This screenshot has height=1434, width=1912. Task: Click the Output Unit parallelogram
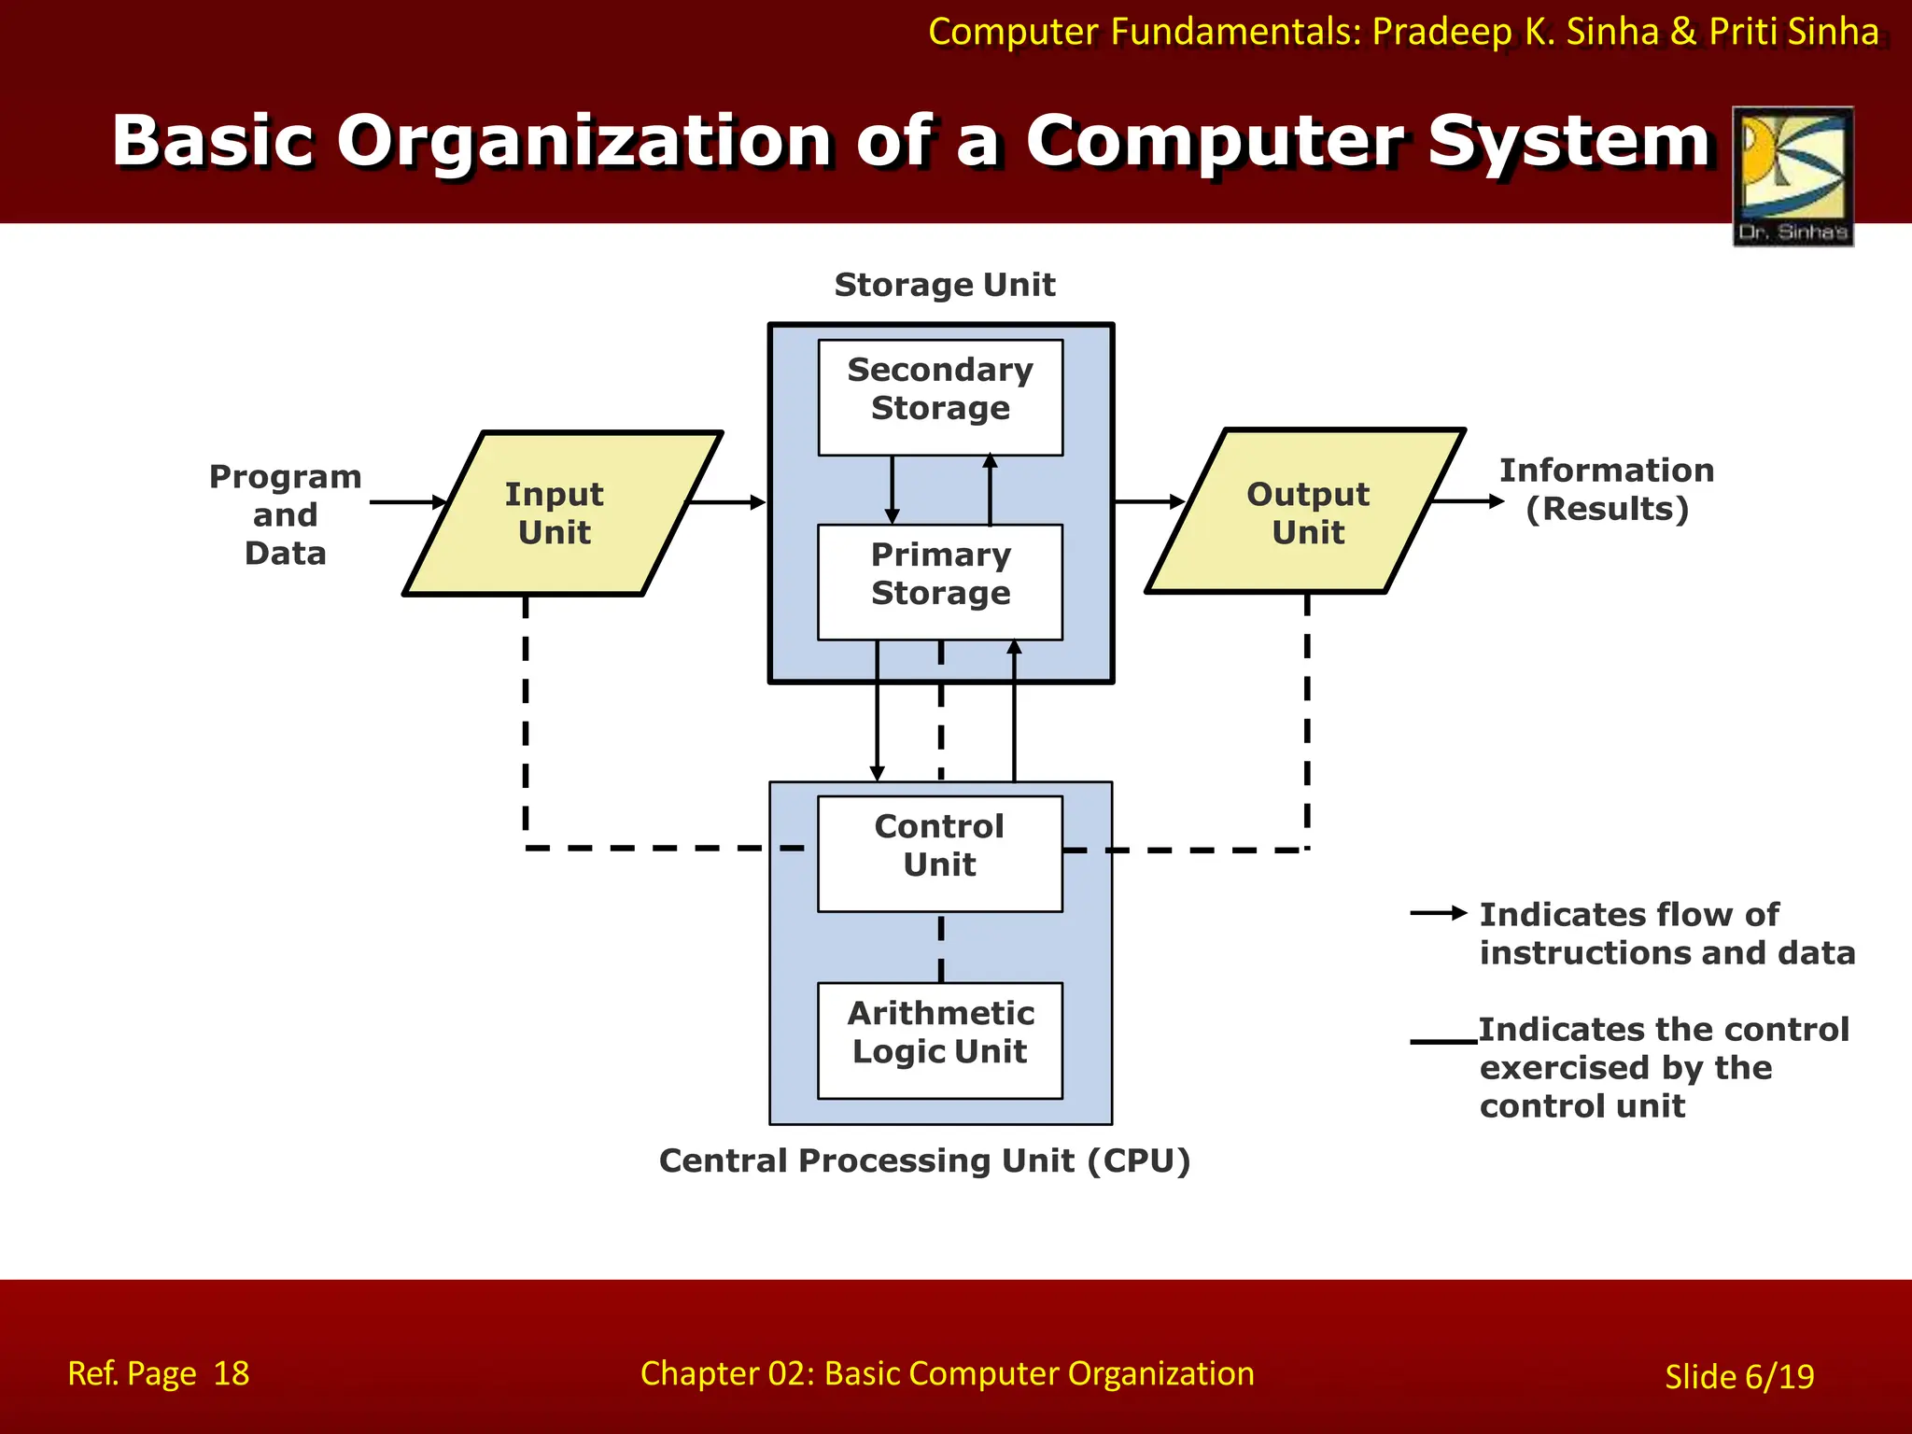[1307, 513]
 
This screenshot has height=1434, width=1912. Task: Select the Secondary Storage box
[940, 397]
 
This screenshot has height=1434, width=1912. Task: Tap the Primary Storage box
[940, 582]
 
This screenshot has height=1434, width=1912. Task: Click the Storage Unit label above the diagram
[944, 285]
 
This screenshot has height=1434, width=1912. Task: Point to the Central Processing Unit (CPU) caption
[924, 1160]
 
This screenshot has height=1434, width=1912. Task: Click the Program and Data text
[285, 514]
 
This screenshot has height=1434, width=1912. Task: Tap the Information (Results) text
[1606, 490]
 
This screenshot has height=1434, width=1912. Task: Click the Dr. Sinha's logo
[1792, 176]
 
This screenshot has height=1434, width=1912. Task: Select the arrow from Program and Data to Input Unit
[408, 502]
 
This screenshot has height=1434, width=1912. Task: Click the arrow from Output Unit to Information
[1468, 501]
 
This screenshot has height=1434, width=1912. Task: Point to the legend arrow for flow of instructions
[1439, 912]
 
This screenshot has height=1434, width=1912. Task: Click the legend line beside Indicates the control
[1443, 1041]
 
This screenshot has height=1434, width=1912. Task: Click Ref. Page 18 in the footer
[159, 1373]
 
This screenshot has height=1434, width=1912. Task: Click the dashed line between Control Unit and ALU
[941, 947]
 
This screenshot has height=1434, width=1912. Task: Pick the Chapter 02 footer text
[947, 1373]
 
